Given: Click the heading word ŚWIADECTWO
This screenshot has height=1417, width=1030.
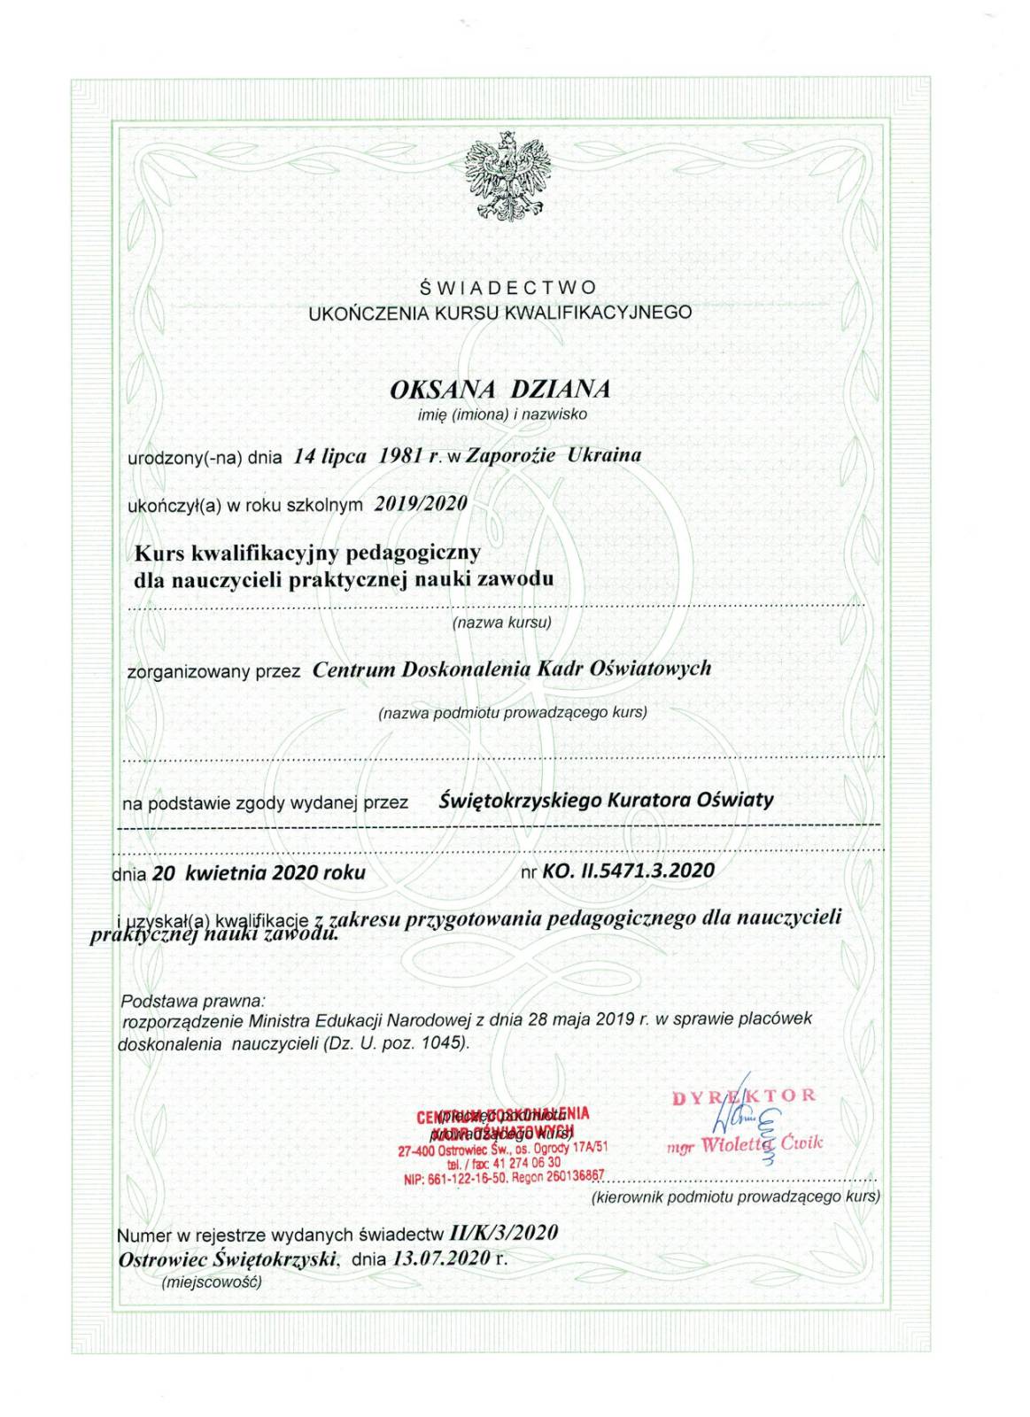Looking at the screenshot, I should [508, 288].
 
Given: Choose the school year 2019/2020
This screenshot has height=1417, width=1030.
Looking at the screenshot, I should [420, 504].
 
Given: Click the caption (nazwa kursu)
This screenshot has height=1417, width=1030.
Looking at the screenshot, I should [501, 623].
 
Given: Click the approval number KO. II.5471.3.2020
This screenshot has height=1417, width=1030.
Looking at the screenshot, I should [629, 871].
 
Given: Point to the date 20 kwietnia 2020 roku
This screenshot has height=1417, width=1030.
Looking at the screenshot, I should [259, 871].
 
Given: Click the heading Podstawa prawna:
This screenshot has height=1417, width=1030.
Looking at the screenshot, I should [192, 1002].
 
